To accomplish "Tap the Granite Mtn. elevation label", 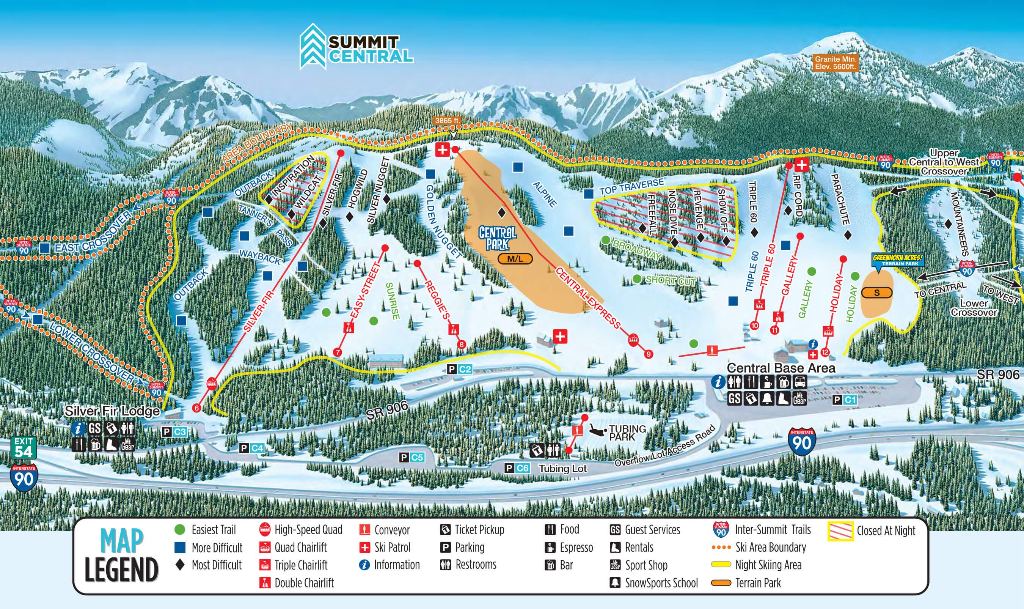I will pyautogui.click(x=836, y=63).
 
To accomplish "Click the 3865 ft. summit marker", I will pyautogui.click(x=448, y=121).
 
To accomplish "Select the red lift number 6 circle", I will pyautogui.click(x=197, y=408).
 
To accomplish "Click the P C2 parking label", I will pyautogui.click(x=460, y=369).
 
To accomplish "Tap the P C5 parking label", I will pyautogui.click(x=411, y=457).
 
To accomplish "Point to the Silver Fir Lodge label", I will pyautogui.click(x=112, y=411).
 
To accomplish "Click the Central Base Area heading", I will pyautogui.click(x=781, y=368).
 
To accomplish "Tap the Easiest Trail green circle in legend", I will pyautogui.click(x=180, y=529).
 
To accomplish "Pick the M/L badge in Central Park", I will pyautogui.click(x=515, y=258).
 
